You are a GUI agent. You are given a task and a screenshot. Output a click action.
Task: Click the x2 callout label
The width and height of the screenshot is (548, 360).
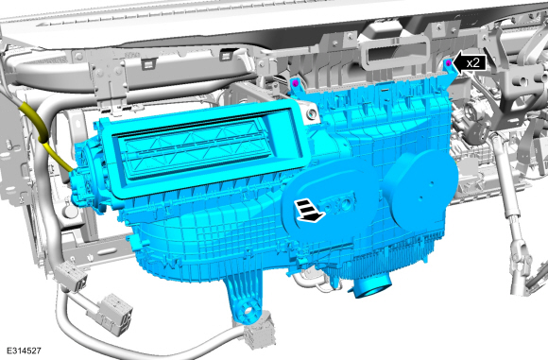tap(473, 63)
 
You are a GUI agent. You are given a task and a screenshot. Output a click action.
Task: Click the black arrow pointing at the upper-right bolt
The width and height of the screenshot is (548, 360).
tap(470, 63)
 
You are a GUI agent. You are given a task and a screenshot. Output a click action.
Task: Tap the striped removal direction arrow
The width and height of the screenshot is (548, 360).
tap(309, 211)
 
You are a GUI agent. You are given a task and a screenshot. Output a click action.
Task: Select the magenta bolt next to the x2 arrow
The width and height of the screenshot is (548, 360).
tap(449, 63)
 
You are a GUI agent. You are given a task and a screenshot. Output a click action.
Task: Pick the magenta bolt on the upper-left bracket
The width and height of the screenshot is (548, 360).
tap(296, 83)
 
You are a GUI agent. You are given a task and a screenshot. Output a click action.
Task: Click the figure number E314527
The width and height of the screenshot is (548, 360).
tap(25, 351)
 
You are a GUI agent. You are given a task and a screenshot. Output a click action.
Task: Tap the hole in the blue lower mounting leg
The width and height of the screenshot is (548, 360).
tap(248, 310)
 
